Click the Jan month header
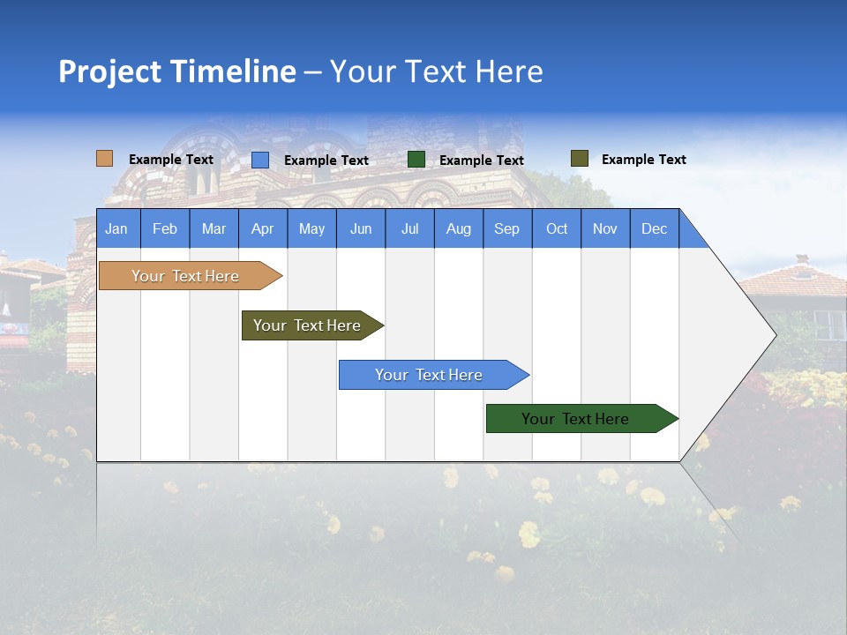pyautogui.click(x=117, y=228)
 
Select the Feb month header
pyautogui.click(x=165, y=228)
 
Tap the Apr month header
pyautogui.click(x=262, y=228)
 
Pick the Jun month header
pyautogui.click(x=361, y=228)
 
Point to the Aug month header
pyautogui.click(x=458, y=228)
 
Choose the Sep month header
pyautogui.click(x=506, y=228)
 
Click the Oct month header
pyautogui.click(x=557, y=228)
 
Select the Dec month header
pyautogui.click(x=654, y=228)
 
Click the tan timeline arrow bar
pyautogui.click(x=186, y=276)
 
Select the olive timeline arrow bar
pyautogui.click(x=308, y=325)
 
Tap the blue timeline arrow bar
pyautogui.click(x=430, y=375)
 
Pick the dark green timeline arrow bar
pyautogui.click(x=576, y=419)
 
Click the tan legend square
pyautogui.click(x=105, y=159)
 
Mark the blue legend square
pyautogui.click(x=260, y=160)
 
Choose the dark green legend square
pyautogui.click(x=416, y=160)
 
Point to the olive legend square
pyautogui.click(x=580, y=159)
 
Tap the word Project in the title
pyautogui.click(x=110, y=71)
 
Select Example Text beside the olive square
pyautogui.click(x=643, y=160)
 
